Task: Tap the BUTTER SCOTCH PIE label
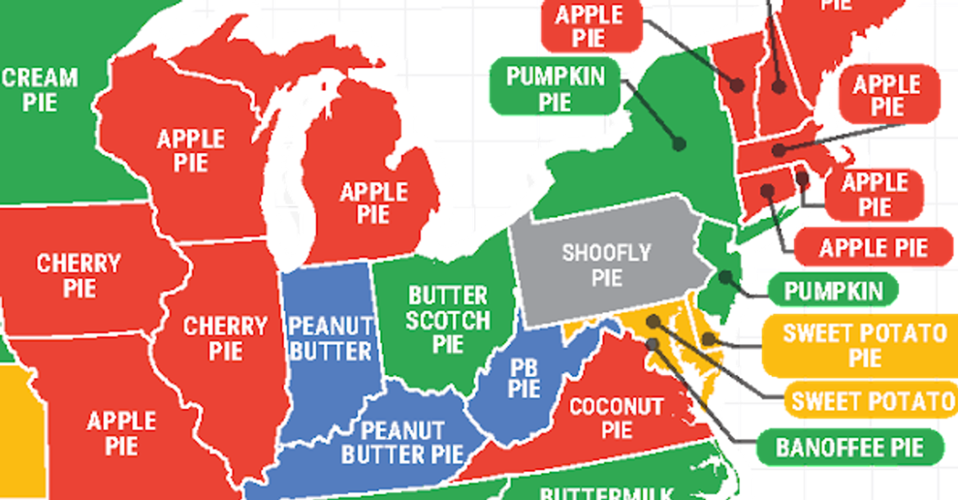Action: coord(448,319)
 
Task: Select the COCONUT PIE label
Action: coord(616,417)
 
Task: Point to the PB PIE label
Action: coord(524,377)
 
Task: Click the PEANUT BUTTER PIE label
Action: coord(403,442)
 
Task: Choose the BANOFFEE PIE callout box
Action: coord(849,447)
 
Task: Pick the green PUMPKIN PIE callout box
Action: coord(554,88)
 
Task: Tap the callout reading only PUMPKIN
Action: coord(834,291)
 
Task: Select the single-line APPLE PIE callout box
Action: coord(874,248)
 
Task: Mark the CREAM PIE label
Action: coord(39,90)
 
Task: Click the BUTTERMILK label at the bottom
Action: coord(606,493)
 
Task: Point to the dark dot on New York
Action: coord(679,144)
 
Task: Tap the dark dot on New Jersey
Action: coord(725,277)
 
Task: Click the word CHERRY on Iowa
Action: coord(79,264)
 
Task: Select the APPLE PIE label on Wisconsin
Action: coord(191,150)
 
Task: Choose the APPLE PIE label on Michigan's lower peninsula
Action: coord(373,203)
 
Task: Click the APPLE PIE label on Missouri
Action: coord(121,433)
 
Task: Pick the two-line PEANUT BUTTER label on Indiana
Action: coord(330,337)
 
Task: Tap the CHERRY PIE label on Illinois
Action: coord(224,338)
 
